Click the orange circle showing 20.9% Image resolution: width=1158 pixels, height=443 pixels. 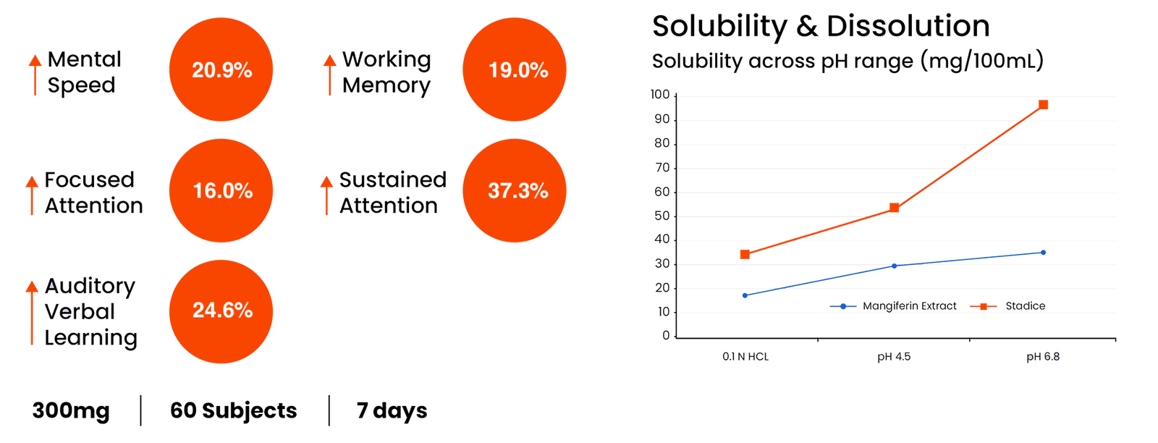tap(221, 69)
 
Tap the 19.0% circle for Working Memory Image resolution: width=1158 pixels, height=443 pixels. tap(515, 69)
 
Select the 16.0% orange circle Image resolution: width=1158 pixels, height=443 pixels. tap(221, 190)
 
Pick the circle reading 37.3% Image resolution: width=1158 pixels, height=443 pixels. tap(515, 190)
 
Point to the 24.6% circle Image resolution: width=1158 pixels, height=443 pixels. tap(221, 311)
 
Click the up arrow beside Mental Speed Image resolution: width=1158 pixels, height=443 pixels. tap(33, 74)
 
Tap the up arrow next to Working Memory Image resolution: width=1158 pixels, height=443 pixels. tap(329, 74)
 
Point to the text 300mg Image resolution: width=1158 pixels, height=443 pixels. tap(72, 411)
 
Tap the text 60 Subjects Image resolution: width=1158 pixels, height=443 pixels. tap(233, 411)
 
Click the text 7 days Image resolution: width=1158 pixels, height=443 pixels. tap(392, 411)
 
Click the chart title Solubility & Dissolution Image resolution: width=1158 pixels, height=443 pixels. tap(821, 27)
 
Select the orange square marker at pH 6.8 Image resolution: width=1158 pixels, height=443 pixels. tap(1044, 105)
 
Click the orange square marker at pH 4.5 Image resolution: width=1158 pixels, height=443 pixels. tap(895, 208)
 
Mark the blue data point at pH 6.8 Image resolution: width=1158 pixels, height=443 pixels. tap(1043, 253)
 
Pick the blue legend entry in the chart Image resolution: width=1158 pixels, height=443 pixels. tap(893, 307)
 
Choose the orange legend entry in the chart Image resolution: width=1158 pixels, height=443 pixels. tap(1008, 307)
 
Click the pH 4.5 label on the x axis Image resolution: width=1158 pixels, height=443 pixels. tap(894, 357)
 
